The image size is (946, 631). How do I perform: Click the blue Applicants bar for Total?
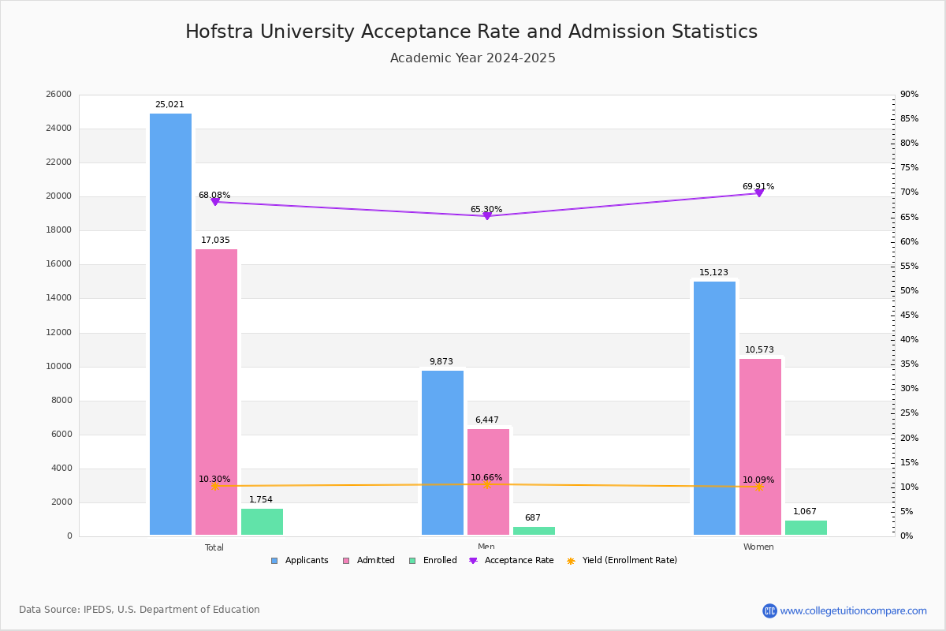coord(170,323)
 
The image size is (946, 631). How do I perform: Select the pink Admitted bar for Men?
coord(488,481)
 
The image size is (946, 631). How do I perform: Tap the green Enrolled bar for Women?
coord(806,528)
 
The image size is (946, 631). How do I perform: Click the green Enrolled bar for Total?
coord(262,521)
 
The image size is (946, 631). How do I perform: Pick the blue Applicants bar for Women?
coord(714,408)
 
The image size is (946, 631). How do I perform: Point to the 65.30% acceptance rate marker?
coord(487,216)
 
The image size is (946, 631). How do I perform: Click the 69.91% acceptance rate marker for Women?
coord(759,193)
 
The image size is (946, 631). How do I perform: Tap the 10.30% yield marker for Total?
coord(214,487)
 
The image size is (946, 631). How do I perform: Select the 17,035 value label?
coord(215,241)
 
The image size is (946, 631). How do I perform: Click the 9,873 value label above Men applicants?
coord(441,362)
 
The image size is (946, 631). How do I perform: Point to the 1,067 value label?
coord(805,512)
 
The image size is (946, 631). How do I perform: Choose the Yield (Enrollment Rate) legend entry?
coord(629,561)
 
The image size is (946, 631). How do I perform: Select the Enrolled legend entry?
coord(439,561)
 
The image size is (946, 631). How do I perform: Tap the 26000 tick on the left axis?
coord(59,95)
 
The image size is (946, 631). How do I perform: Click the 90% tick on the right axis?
coord(909,95)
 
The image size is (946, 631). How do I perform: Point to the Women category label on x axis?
coord(758,547)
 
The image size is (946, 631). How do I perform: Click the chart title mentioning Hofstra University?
coord(471,32)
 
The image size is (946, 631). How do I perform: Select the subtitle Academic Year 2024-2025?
coord(473,58)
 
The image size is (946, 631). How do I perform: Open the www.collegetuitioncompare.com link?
coord(853,610)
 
